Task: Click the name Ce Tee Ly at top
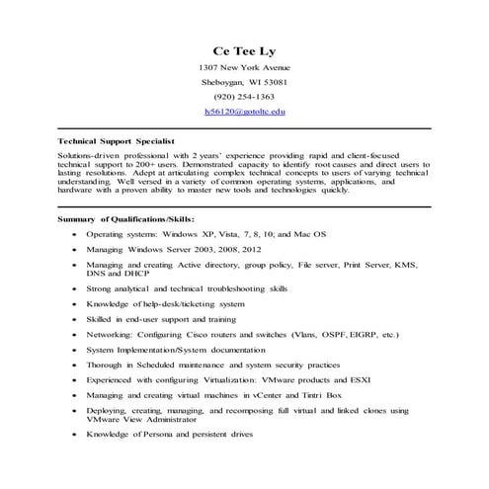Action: pos(244,50)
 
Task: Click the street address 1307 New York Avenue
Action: pos(244,67)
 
